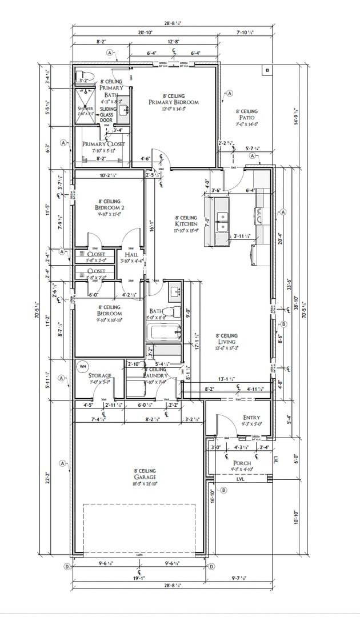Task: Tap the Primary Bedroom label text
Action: (x=174, y=102)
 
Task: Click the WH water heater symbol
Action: (x=82, y=366)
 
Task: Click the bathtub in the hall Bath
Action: (x=163, y=332)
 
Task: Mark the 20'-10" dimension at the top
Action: (x=145, y=33)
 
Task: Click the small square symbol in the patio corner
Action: (x=267, y=70)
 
